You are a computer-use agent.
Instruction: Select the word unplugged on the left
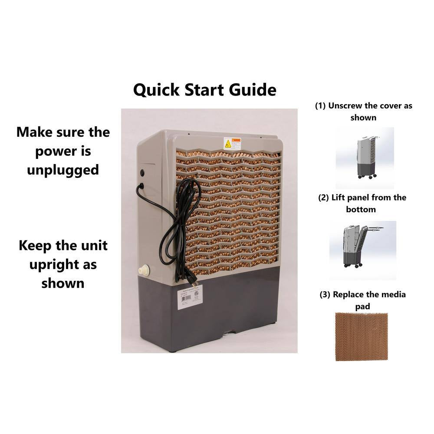pyautogui.click(x=63, y=170)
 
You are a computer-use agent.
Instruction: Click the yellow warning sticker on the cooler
pyautogui.click(x=232, y=144)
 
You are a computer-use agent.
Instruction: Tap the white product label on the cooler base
pyautogui.click(x=190, y=297)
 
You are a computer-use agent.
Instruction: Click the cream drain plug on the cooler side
pyautogui.click(x=144, y=270)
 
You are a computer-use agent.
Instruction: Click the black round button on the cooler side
pyautogui.click(x=142, y=173)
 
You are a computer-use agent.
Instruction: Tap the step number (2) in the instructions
pyautogui.click(x=324, y=197)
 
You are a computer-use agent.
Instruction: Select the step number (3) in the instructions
pyautogui.click(x=325, y=294)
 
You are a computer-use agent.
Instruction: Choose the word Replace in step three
pyautogui.click(x=349, y=294)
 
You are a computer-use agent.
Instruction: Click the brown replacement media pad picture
pyautogui.click(x=361, y=336)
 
